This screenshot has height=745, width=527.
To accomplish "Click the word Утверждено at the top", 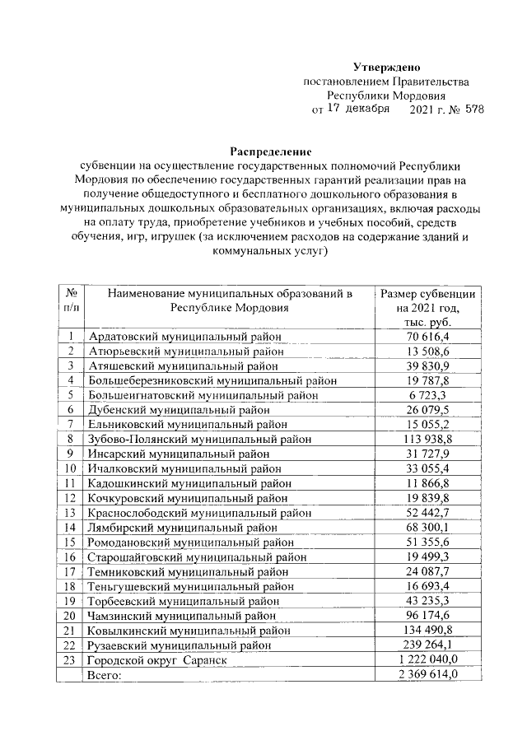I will click(x=387, y=67).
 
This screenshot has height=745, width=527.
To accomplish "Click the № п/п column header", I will click(x=71, y=300).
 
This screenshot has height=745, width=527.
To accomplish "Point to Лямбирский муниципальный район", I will click(x=184, y=528).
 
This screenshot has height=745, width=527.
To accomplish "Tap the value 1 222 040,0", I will click(x=427, y=660).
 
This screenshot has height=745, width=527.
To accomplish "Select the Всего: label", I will click(x=105, y=675).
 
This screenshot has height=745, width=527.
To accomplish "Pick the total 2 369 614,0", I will click(x=427, y=675).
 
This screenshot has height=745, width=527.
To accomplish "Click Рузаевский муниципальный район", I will click(x=182, y=645).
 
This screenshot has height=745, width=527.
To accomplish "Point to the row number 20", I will click(x=71, y=616).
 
